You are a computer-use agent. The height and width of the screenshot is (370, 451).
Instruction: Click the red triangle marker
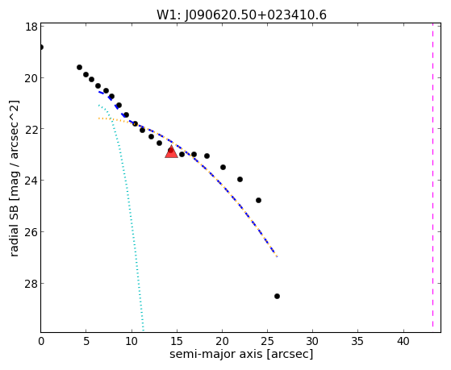171,152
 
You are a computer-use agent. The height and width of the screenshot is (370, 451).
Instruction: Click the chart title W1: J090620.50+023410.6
241,15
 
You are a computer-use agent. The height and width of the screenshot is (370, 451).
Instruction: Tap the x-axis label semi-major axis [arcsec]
241,354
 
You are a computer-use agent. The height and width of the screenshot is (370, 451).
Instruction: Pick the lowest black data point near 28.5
277,296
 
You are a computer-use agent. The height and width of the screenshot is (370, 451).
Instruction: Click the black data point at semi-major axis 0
41,47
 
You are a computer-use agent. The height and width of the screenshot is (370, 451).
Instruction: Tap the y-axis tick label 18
31,27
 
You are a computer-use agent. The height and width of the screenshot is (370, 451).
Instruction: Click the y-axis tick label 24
31,181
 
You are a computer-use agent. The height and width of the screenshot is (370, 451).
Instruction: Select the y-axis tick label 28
31,284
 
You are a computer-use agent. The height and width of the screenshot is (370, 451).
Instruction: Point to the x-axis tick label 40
403,342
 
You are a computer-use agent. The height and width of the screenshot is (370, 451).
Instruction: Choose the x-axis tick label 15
177,342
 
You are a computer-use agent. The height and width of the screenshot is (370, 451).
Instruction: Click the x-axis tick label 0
41,342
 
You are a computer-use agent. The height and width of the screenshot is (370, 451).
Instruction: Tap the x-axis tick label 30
313,342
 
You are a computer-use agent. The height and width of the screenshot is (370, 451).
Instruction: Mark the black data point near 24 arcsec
258,200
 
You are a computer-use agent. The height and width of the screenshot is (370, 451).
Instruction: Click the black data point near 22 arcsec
240,180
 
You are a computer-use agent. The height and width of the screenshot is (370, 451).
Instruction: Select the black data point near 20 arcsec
223,167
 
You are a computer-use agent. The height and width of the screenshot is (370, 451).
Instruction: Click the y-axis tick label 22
31,129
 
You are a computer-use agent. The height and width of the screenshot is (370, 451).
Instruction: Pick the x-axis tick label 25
267,342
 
